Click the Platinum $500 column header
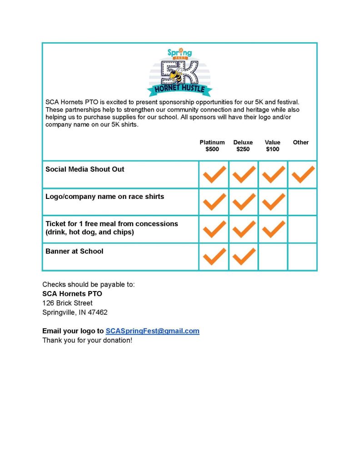pyautogui.click(x=212, y=146)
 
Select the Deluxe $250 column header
pyautogui.click(x=243, y=146)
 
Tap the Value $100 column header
pyautogui.click(x=273, y=146)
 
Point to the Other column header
pyautogui.click(x=301, y=143)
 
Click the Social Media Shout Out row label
pyautogui.click(x=85, y=169)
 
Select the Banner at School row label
pyautogui.click(x=74, y=251)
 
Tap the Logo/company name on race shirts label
pyautogui.click(x=105, y=197)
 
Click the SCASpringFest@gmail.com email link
pyautogui.click(x=152, y=331)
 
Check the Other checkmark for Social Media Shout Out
pyautogui.click(x=303, y=174)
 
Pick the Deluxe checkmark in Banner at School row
pyautogui.click(x=244, y=257)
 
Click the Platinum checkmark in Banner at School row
pyautogui.click(x=214, y=257)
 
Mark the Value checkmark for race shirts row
pyautogui.click(x=273, y=202)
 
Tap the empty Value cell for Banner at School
pyautogui.click(x=273, y=257)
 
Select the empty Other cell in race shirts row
pyautogui.click(x=302, y=202)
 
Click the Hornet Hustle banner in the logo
pyautogui.click(x=180, y=89)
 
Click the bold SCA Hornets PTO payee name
pyautogui.click(x=72, y=294)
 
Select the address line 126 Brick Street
pyautogui.click(x=67, y=303)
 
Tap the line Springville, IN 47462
pyautogui.click(x=75, y=312)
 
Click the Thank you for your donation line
pyautogui.click(x=87, y=340)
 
